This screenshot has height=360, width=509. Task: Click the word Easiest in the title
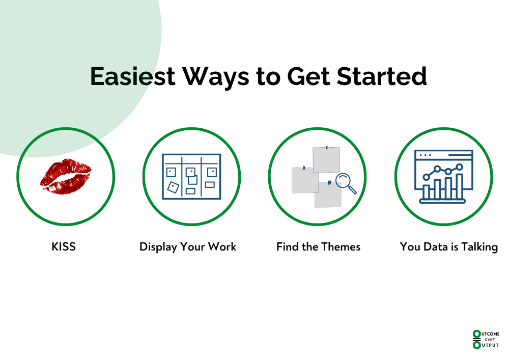coord(133,76)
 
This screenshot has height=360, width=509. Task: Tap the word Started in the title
coord(382,76)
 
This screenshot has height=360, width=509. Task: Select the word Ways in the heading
coord(216,78)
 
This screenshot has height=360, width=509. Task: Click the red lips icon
coord(66,176)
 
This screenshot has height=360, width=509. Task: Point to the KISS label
coord(64,247)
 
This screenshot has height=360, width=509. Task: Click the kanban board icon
coord(191,177)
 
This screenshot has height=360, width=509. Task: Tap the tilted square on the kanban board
coord(173,187)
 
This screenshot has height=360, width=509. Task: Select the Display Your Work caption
coord(188,247)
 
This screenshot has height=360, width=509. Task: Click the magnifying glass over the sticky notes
coord(346,183)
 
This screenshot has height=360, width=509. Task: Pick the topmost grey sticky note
coord(326,160)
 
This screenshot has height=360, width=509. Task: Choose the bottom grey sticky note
coord(328,194)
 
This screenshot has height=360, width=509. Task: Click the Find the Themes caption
coord(318,247)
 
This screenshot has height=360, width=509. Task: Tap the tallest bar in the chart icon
coord(459,186)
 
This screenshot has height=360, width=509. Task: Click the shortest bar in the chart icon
coord(427,192)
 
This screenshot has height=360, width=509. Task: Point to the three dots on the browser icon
coord(425,155)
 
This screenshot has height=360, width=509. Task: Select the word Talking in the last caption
coord(480,247)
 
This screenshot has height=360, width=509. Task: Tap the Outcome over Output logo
coord(486,340)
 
